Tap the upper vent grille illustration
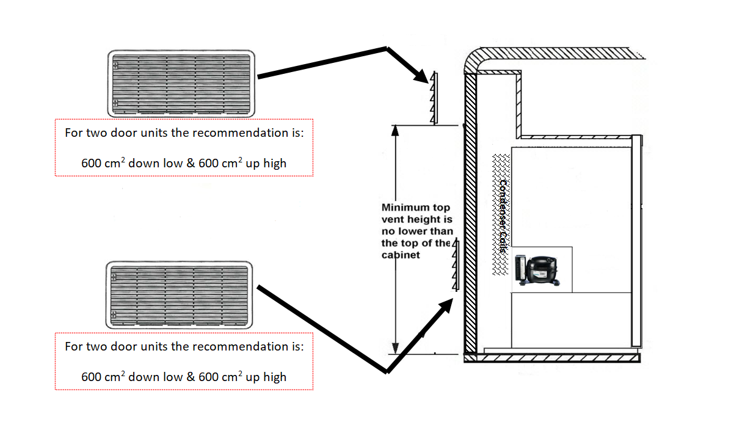181,83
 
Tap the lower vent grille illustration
180,294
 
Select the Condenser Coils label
503,217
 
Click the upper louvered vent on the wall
435,98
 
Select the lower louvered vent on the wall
454,266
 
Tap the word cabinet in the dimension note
401,255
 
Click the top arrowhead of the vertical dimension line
396,131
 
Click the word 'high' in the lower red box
275,377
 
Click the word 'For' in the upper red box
73,133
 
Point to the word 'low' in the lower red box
173,377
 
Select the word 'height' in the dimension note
415,219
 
